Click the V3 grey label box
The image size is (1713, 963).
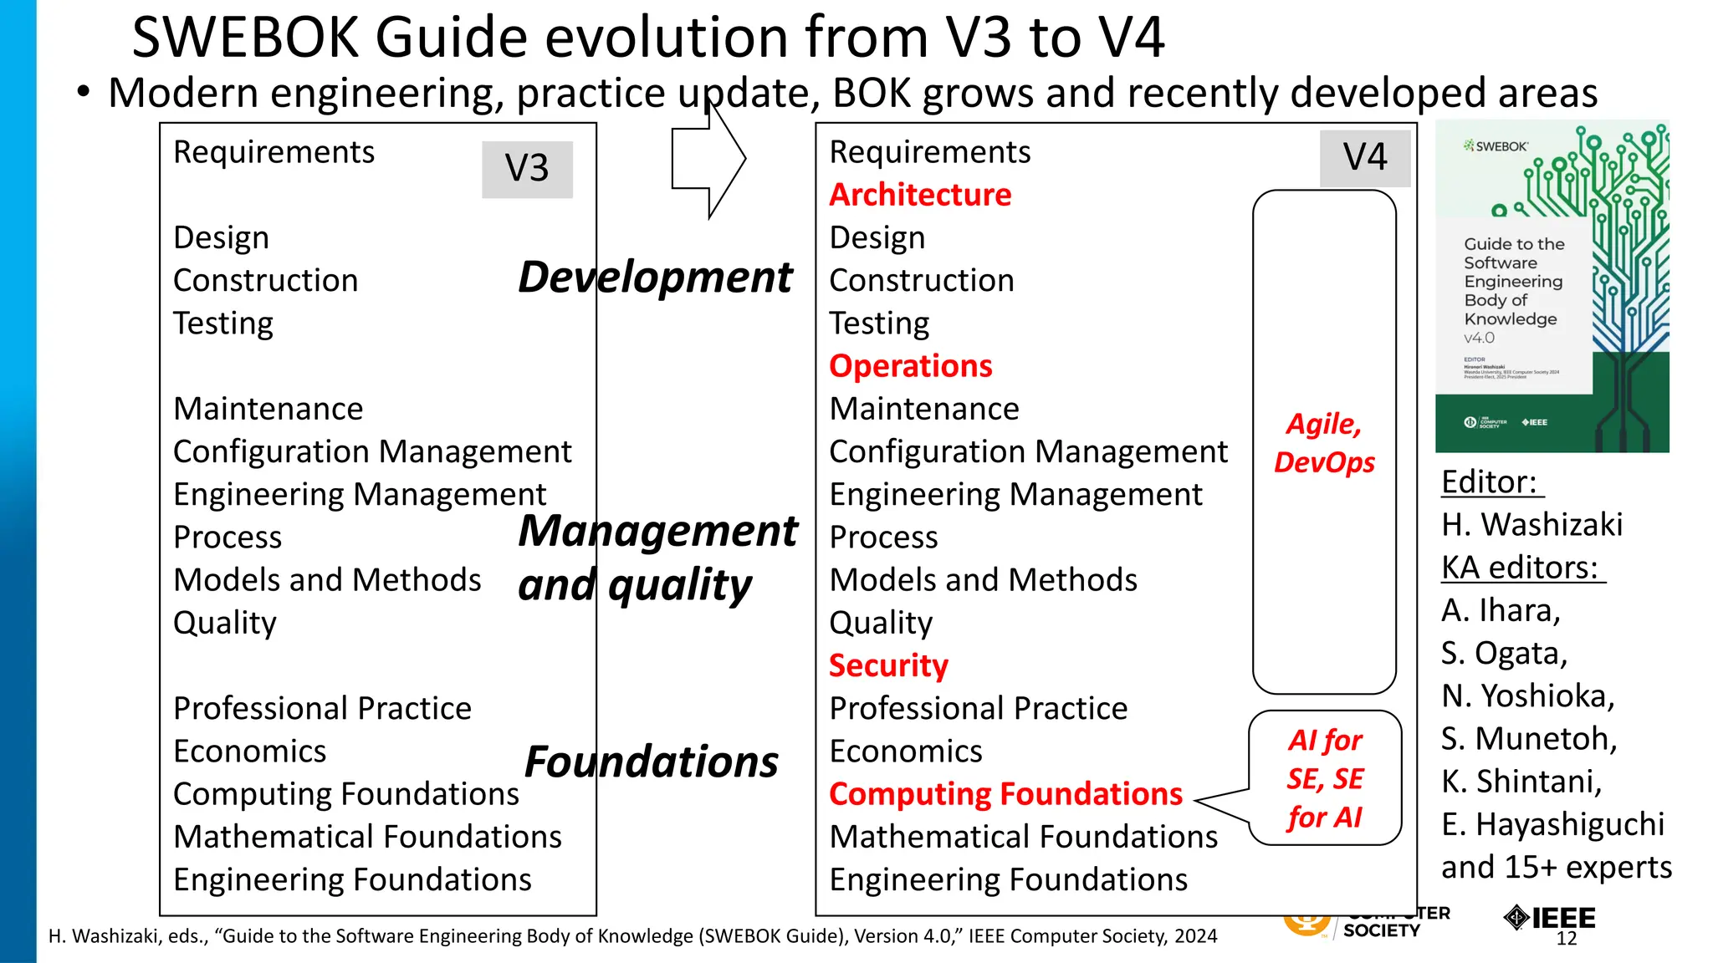tap(527, 169)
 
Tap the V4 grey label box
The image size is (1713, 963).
tap(1364, 158)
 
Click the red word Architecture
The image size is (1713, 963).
tap(920, 195)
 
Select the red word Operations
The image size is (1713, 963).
tap(910, 366)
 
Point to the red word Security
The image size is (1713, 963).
tap(888, 665)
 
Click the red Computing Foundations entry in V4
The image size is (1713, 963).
tap(1005, 794)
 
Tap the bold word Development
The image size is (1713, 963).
tap(654, 278)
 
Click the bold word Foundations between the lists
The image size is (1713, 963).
tap(651, 762)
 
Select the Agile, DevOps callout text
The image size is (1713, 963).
tap(1324, 443)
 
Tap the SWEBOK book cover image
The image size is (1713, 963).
tap(1552, 287)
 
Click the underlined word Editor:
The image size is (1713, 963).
tap(1490, 482)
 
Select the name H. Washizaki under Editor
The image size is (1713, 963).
tap(1531, 525)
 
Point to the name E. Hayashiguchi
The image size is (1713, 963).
tap(1552, 824)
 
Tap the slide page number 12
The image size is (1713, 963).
tap(1567, 939)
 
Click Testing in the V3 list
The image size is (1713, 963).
tap(223, 324)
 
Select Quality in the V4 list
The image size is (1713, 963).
tap(881, 623)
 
